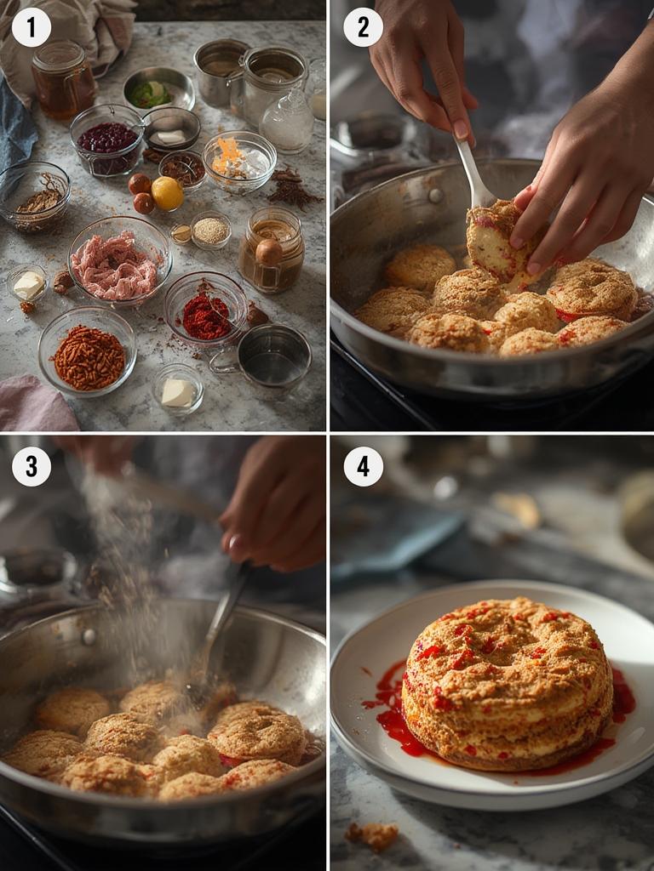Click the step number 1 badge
tap(32, 27)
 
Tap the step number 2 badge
tap(363, 27)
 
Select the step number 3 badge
tap(32, 467)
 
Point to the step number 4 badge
tap(363, 467)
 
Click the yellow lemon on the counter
tap(167, 193)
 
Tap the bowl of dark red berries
tap(107, 139)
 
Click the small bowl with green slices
tap(159, 88)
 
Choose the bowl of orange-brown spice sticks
tap(88, 351)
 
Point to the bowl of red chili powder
tap(206, 310)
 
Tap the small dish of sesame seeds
tap(210, 230)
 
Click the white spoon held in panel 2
tap(473, 172)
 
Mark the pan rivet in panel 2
tap(435, 195)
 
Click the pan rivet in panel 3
tap(89, 636)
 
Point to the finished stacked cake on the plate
tap(508, 685)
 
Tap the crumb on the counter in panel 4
tap(371, 836)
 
